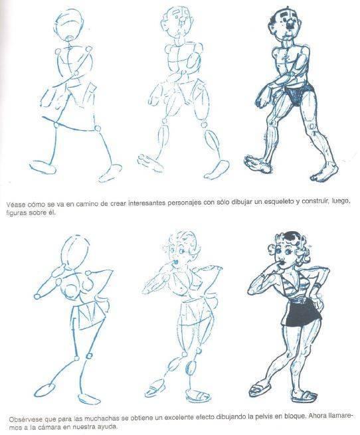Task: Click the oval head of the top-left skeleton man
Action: pos(69,25)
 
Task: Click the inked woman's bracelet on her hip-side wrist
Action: pos(317,286)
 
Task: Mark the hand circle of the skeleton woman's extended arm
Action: pos(37,296)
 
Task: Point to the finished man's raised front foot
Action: pos(257,163)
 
